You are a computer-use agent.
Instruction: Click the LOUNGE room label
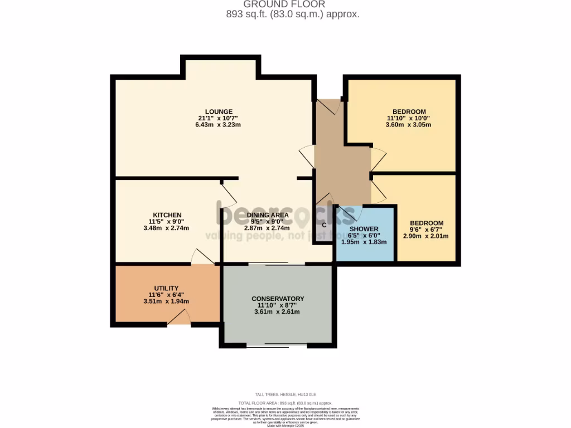pyautogui.click(x=215, y=111)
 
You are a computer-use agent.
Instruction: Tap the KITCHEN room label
pyautogui.click(x=167, y=215)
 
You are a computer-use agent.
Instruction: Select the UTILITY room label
pyautogui.click(x=166, y=288)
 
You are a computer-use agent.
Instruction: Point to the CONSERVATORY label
pyautogui.click(x=278, y=299)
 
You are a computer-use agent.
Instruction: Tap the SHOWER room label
pyautogui.click(x=364, y=229)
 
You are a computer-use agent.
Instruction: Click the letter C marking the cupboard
pyautogui.click(x=324, y=226)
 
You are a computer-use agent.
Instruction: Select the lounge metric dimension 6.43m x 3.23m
pyautogui.click(x=215, y=125)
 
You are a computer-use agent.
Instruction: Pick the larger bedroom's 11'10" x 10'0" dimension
pyautogui.click(x=409, y=118)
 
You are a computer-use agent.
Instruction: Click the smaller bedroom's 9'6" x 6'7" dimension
pyautogui.click(x=427, y=230)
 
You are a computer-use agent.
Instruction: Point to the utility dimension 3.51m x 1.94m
pyautogui.click(x=166, y=301)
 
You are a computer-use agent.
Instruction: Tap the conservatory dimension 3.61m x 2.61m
pyautogui.click(x=277, y=312)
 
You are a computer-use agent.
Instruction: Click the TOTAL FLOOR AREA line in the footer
pyautogui.click(x=285, y=402)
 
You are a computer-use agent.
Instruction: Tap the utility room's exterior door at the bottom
pyautogui.click(x=179, y=319)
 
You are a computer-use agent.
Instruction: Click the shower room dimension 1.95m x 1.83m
pyautogui.click(x=364, y=242)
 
